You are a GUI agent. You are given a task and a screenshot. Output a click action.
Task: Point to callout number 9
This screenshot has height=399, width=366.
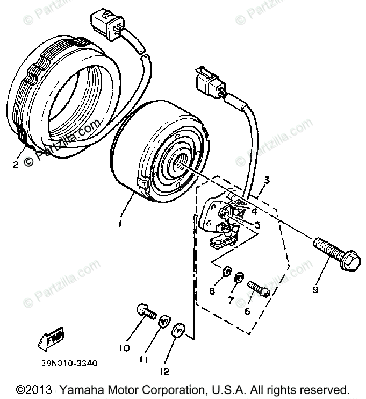(315, 290)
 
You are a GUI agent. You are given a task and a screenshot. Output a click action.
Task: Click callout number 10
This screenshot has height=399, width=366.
(125, 348)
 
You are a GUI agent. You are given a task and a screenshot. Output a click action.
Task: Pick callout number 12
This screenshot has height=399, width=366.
(167, 371)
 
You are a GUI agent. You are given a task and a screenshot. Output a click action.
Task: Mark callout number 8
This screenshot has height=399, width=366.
(212, 291)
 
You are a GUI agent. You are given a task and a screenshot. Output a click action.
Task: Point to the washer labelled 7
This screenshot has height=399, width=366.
(240, 278)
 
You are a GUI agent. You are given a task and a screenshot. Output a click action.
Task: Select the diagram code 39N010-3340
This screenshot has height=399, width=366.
(69, 363)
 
